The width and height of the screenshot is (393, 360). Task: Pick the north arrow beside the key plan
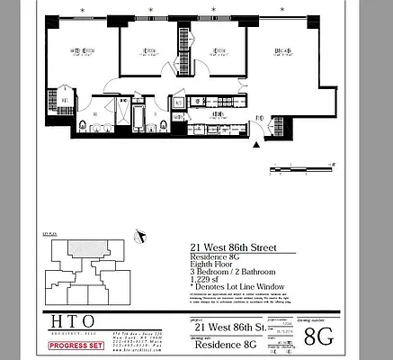(139, 237)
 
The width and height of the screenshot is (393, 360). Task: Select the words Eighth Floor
(213, 264)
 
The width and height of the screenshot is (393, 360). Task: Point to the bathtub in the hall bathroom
(138, 118)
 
